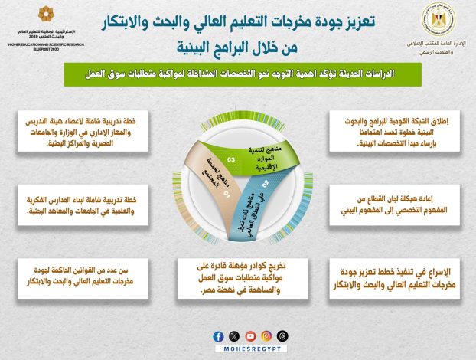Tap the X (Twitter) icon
click(x=233, y=336)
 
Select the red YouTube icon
click(x=249, y=336)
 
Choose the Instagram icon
click(x=266, y=336)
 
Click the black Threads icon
click(x=282, y=336)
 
